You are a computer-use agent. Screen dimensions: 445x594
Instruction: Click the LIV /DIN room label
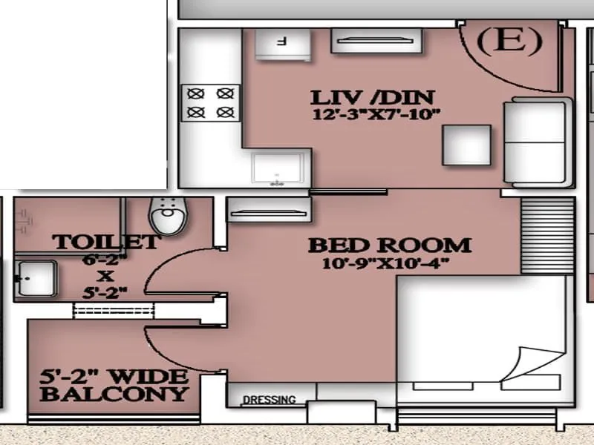coord(372,97)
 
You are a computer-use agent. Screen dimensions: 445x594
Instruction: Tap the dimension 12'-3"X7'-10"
coord(376,114)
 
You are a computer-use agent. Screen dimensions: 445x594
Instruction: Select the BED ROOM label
coord(389,245)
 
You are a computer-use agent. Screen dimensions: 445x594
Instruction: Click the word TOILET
coord(105,242)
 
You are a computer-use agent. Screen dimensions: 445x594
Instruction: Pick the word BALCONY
coord(114,394)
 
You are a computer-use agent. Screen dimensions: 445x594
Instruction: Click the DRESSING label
coord(268,400)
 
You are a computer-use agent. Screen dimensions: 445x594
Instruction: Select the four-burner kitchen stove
coord(211,103)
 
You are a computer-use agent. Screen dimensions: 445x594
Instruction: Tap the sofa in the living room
coord(536,141)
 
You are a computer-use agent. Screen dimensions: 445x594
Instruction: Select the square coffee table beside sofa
coord(466,145)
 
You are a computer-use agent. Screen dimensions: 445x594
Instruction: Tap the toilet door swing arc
coord(165,271)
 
